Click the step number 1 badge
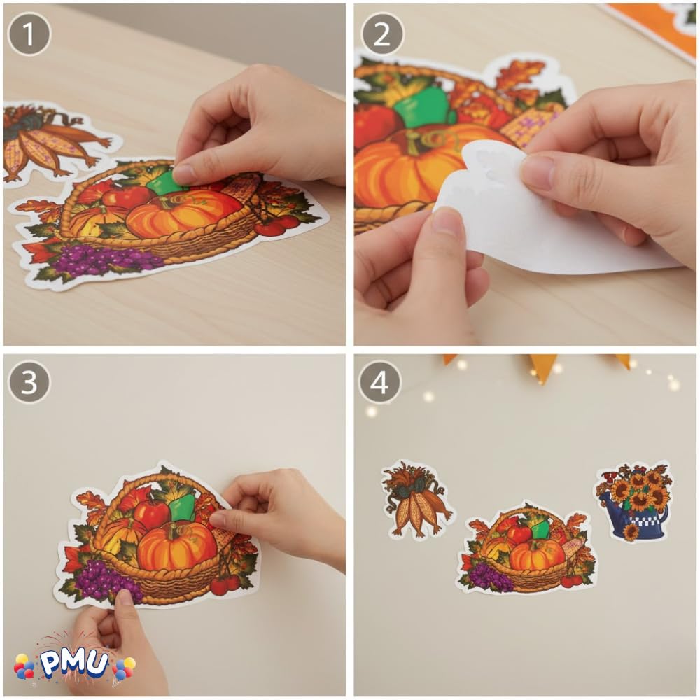coord(29,34)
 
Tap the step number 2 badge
coord(382,34)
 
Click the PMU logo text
coord(75,664)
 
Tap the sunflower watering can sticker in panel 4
coord(633,501)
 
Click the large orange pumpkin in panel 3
coord(177,547)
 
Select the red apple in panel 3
coord(151,514)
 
